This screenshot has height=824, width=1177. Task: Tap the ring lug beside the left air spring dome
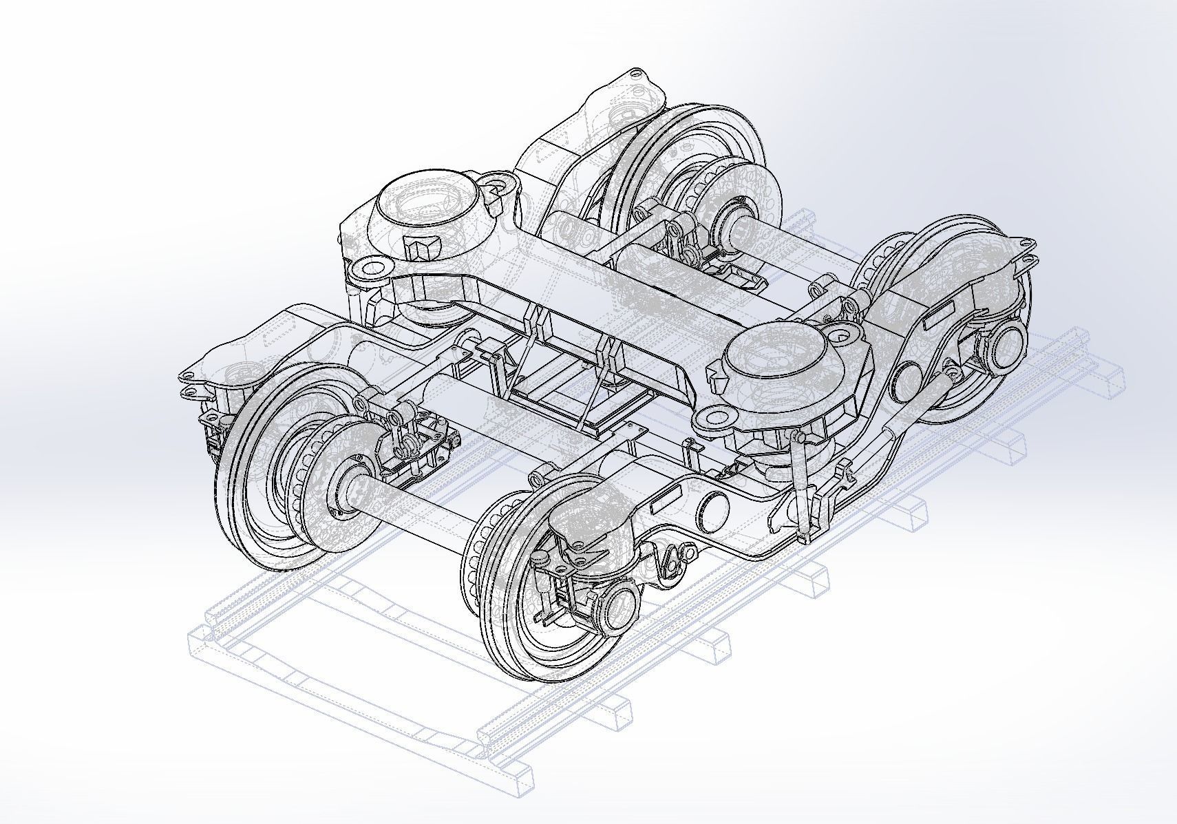coord(498,184)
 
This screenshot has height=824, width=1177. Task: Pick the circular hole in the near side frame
coord(714,512)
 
